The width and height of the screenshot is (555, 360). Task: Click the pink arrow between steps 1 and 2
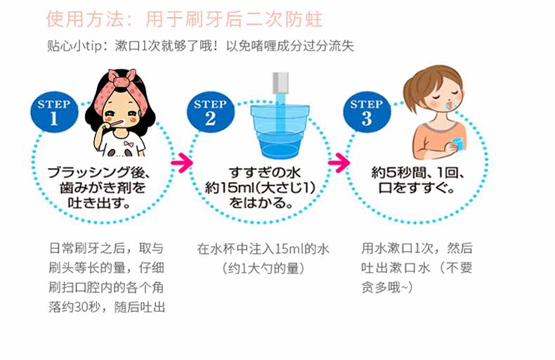(181, 162)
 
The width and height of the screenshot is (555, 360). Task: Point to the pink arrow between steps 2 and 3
(339, 162)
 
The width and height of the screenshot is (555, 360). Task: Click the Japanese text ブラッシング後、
(105, 172)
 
